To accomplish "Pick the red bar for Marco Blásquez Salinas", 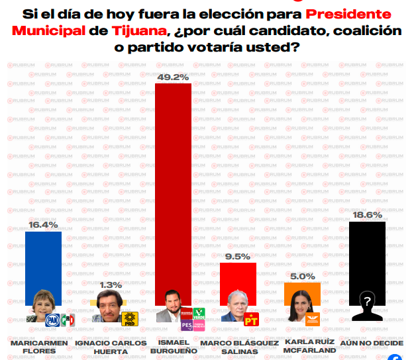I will (x=238, y=278).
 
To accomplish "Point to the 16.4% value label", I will (x=43, y=225).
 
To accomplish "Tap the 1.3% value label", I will (x=109, y=285).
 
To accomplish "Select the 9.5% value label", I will (x=238, y=255).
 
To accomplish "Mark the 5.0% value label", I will (x=302, y=275).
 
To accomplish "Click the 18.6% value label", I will (x=367, y=214).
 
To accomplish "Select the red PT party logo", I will (x=250, y=321).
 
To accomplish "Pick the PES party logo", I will (x=186, y=326).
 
